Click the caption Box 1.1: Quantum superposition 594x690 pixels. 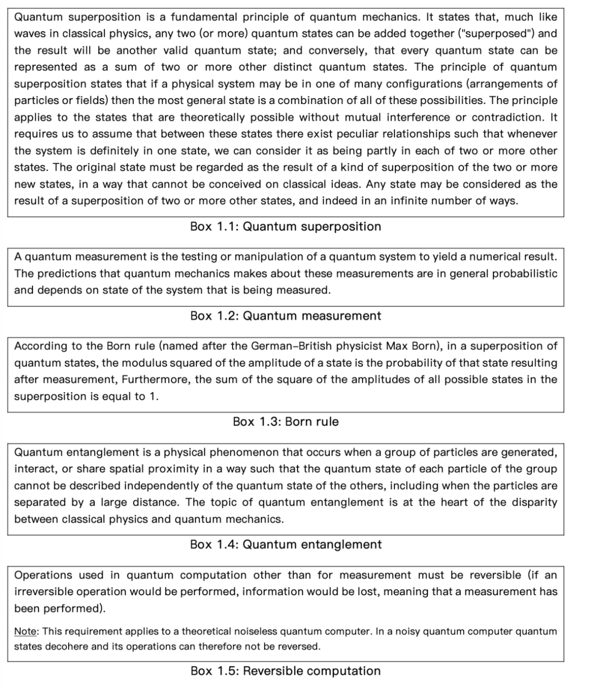point(285,226)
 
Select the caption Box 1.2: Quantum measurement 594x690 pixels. point(285,316)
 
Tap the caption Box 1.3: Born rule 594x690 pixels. point(285,421)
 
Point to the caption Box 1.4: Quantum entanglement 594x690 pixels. point(285,544)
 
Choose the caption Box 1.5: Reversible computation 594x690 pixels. point(285,671)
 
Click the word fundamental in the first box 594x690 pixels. point(220,17)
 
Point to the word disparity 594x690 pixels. point(534,502)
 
